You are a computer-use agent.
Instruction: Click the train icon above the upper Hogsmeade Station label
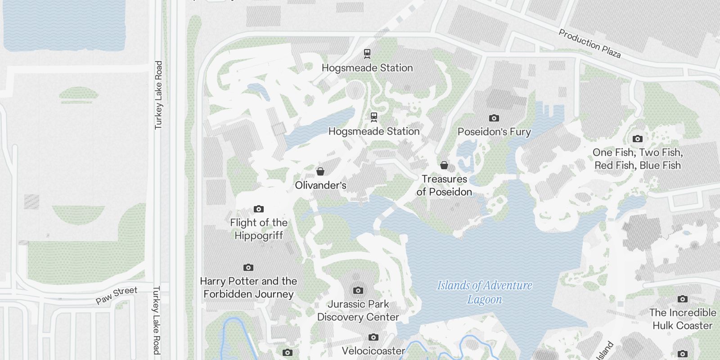[x=367, y=54]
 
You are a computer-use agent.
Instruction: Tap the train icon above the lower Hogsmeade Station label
[x=373, y=117]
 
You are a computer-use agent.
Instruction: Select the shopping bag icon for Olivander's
[x=320, y=171]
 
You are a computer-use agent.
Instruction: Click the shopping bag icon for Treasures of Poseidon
[x=444, y=165]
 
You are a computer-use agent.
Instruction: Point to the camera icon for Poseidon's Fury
[x=494, y=118]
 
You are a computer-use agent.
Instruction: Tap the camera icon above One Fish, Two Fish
[x=637, y=139]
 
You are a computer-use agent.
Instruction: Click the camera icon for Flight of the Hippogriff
[x=258, y=209]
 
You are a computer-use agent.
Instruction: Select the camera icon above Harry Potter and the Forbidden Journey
[x=248, y=267]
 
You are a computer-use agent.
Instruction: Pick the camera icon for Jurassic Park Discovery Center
[x=358, y=290]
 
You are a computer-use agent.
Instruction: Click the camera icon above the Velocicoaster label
[x=373, y=337]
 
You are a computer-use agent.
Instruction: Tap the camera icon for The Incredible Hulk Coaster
[x=682, y=299]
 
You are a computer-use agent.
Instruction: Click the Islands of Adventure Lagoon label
[x=485, y=292]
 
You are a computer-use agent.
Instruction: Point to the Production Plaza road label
[x=589, y=44]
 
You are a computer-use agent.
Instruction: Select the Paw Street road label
[x=117, y=296]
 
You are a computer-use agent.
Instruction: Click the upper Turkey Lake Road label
[x=158, y=95]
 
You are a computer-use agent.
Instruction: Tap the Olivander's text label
[x=320, y=185]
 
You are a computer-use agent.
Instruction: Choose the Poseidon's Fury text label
[x=494, y=132]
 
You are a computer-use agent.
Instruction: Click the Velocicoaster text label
[x=373, y=351]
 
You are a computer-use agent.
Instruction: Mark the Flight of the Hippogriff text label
[x=258, y=229]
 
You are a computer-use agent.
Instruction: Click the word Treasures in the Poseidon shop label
[x=444, y=179]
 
